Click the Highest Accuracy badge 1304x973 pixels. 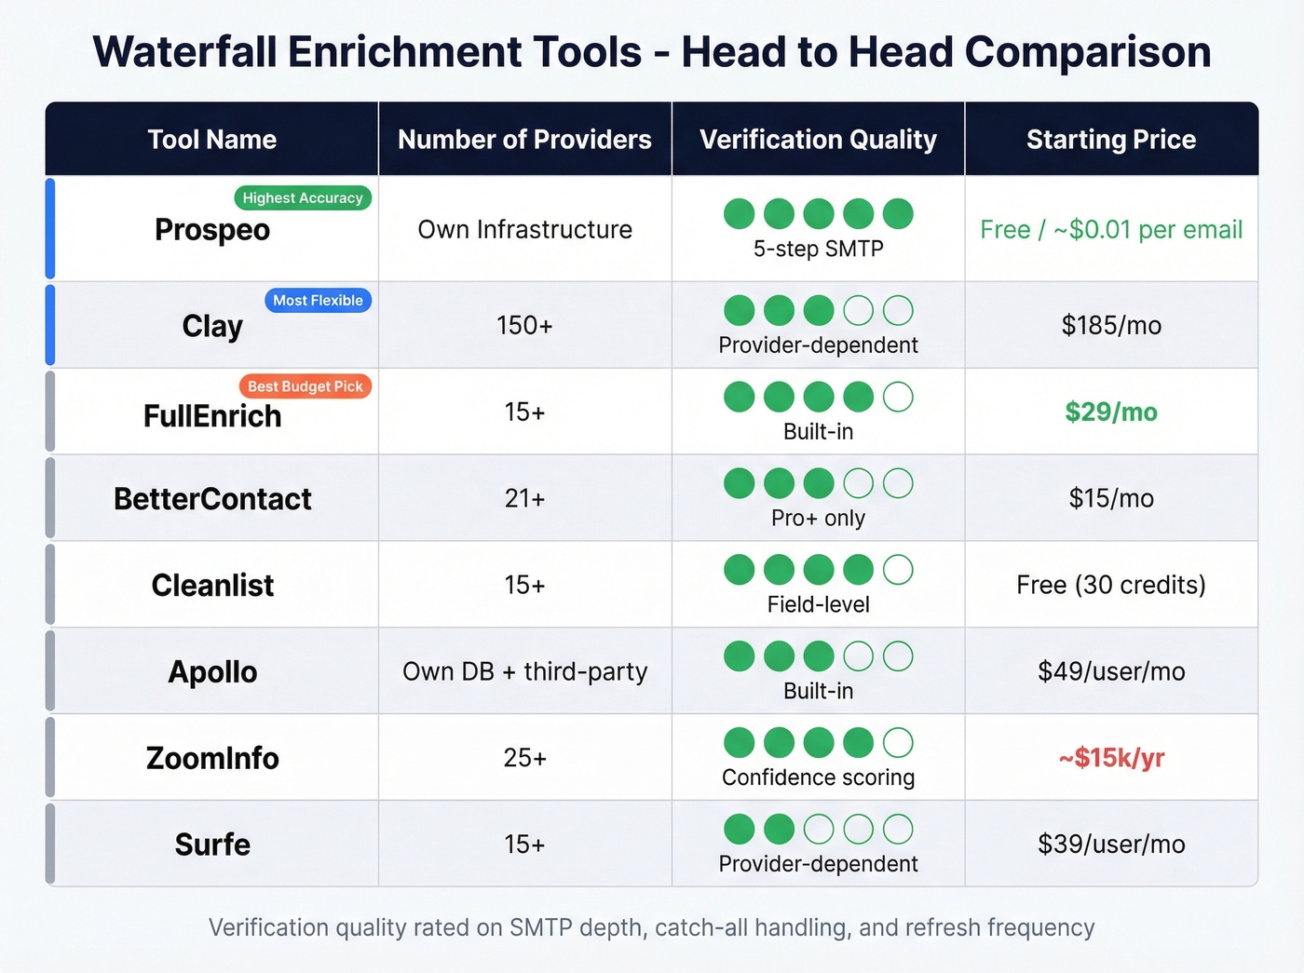[302, 197]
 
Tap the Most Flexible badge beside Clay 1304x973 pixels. [318, 300]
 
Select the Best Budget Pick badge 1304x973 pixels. [305, 386]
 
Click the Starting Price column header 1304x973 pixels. [1110, 140]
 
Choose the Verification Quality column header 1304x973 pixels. [818, 140]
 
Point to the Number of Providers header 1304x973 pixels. [524, 140]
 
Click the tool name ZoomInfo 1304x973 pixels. [212, 758]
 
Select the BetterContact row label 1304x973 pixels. [212, 499]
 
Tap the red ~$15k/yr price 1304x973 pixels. [1110, 758]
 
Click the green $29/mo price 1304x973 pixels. [1110, 412]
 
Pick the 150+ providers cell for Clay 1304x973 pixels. [524, 326]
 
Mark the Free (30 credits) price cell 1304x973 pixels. [1110, 585]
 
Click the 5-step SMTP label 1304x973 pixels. [818, 249]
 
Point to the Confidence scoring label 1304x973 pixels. [818, 777]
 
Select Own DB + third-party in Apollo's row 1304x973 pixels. [524, 671]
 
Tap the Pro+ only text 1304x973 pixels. [818, 518]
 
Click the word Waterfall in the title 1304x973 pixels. [184, 52]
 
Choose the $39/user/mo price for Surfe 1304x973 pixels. [1110, 845]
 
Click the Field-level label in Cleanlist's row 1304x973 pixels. [818, 604]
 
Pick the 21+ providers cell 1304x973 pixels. [524, 499]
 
